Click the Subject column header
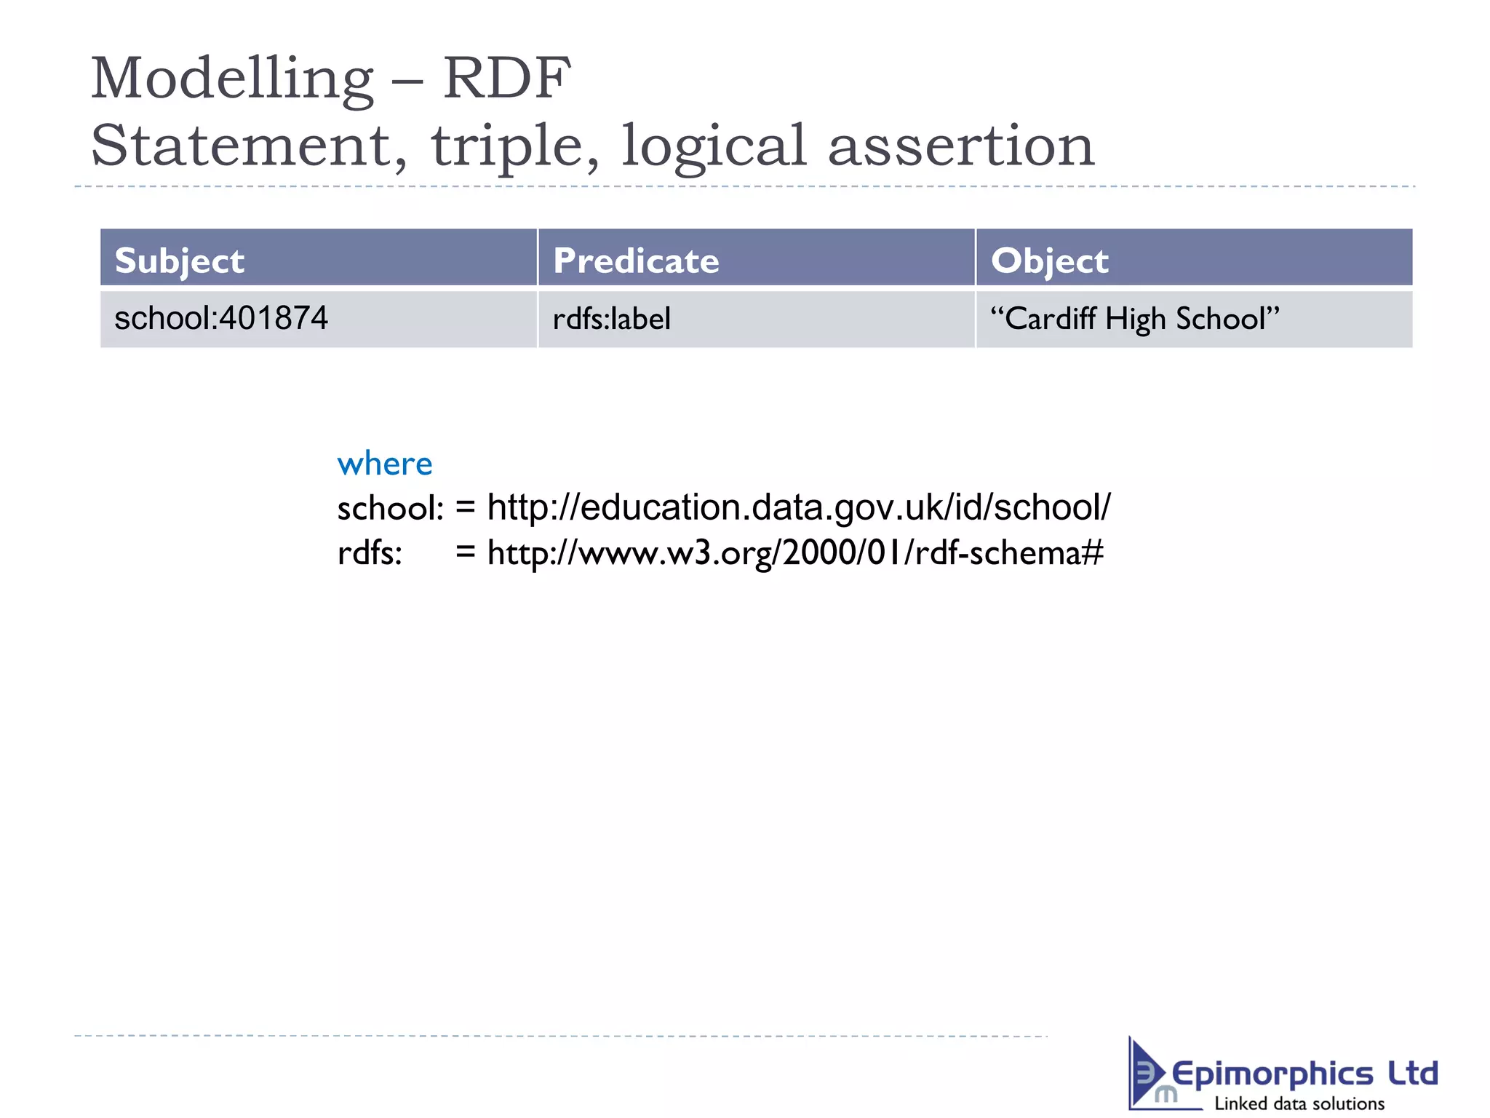coord(180,261)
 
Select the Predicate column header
coord(636,261)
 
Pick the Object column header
coord(1049,261)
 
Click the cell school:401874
coord(221,319)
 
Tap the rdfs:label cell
coord(611,319)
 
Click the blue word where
coord(385,464)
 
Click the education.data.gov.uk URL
coord(798,507)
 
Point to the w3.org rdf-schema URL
coord(794,552)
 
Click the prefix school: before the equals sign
coord(390,508)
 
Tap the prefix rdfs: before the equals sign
coord(370,553)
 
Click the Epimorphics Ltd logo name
coord(1304,1074)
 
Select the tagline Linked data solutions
coord(1299,1103)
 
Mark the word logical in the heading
coord(713,146)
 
